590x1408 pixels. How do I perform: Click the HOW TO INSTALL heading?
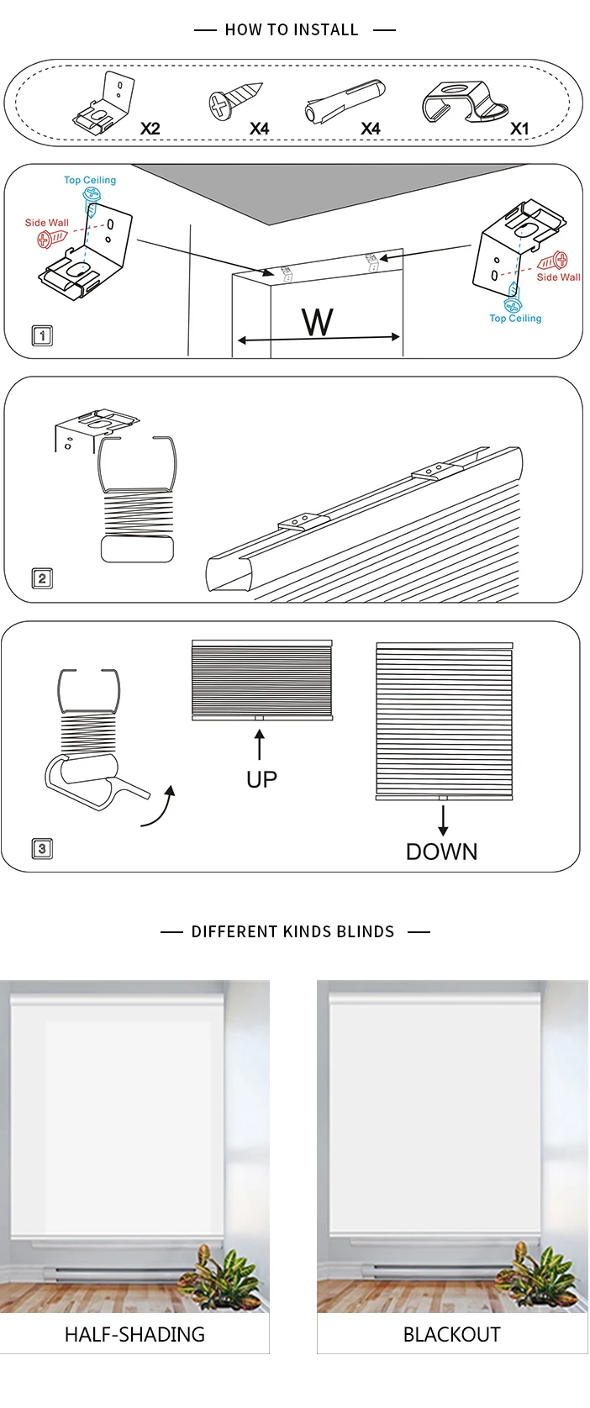point(292,30)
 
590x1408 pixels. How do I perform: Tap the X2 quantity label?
point(150,129)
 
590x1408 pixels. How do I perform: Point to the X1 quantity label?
point(519,129)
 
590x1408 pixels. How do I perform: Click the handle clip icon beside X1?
point(464,106)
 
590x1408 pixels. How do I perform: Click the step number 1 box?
point(41,335)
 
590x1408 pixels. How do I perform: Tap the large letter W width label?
point(317,322)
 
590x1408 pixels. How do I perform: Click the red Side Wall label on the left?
point(47,223)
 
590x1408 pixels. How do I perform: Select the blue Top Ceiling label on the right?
point(515,319)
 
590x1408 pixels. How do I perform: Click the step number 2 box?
point(41,578)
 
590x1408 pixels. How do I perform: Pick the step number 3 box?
point(41,848)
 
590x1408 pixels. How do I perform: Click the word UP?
point(261,779)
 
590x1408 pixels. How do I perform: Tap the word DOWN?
point(441,852)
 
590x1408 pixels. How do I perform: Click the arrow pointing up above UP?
point(260,745)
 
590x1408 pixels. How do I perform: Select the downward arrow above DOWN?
point(443,820)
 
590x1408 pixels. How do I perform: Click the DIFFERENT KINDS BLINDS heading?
point(292,931)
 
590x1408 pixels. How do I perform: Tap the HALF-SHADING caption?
point(134,1334)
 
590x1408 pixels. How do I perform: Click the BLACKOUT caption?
point(451,1334)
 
